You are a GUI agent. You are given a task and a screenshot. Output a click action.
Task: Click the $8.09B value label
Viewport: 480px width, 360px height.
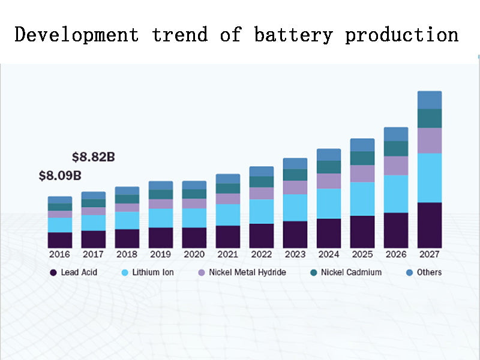60,176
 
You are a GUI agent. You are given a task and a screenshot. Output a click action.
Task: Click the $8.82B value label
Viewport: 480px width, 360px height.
93,157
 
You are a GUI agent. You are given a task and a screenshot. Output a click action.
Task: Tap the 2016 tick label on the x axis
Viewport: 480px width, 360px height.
59,254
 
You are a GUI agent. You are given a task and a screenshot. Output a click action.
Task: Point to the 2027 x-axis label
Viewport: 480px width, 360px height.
430,254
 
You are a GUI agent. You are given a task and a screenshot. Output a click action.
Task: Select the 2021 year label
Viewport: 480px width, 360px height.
228,254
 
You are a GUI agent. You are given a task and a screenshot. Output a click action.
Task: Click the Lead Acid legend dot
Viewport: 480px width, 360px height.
53,272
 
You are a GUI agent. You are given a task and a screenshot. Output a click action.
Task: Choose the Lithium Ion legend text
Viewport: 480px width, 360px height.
153,272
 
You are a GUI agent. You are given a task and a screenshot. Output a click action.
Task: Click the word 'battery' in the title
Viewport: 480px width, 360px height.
293,35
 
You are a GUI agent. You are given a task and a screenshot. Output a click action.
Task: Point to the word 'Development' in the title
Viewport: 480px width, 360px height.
76,35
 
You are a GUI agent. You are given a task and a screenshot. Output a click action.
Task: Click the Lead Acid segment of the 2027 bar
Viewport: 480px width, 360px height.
430,225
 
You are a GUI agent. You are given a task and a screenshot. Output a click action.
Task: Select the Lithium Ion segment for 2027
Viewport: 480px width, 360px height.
430,178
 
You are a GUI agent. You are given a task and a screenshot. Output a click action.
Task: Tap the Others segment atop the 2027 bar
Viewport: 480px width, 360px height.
430,100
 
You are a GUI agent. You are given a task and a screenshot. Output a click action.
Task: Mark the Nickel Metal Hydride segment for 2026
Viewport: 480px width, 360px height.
396,166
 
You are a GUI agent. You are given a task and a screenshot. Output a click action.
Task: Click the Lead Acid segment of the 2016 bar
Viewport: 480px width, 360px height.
59,240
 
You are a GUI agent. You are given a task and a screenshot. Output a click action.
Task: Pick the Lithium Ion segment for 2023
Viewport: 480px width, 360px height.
295,208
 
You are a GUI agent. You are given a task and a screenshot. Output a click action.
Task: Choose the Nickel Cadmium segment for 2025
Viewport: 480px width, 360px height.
362,158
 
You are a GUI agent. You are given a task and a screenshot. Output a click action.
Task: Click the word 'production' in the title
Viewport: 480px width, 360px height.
401,35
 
